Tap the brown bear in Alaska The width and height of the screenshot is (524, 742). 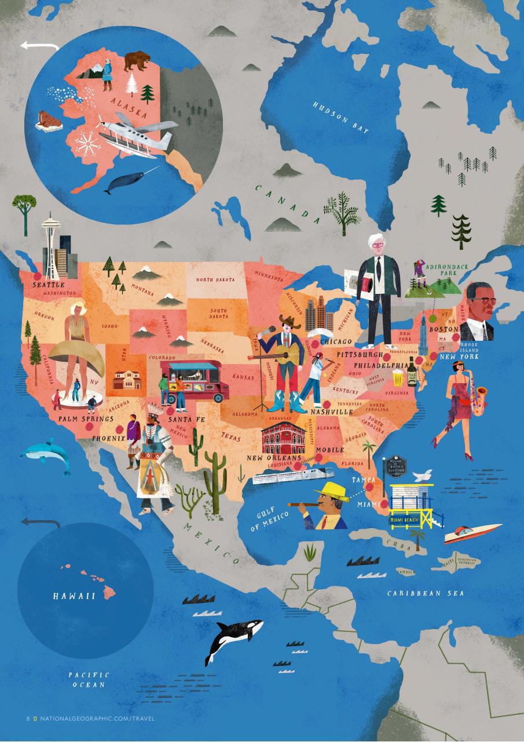click(x=137, y=60)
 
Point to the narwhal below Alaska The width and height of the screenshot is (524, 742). click(x=129, y=181)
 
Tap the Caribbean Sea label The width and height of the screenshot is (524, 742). click(x=425, y=593)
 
